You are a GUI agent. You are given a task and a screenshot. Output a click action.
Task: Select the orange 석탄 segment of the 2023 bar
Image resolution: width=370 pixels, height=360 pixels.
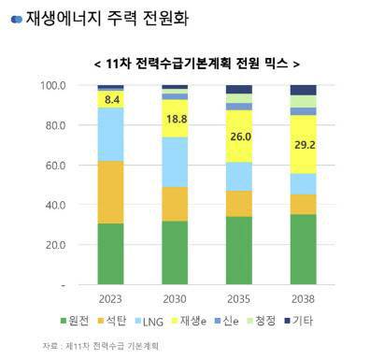pyautogui.click(x=111, y=192)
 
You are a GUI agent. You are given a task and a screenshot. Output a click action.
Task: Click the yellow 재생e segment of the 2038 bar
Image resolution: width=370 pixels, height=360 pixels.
pyautogui.click(x=302, y=145)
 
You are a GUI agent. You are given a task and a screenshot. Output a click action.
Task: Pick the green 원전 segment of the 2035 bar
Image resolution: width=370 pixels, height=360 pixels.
pyautogui.click(x=238, y=251)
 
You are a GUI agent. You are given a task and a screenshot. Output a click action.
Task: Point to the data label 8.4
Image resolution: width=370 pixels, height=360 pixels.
pyautogui.click(x=112, y=98)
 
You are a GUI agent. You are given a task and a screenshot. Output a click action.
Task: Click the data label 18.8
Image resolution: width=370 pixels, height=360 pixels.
pyautogui.click(x=175, y=119)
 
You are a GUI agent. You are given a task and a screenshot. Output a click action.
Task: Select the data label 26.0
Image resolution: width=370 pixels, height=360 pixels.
pyautogui.click(x=238, y=136)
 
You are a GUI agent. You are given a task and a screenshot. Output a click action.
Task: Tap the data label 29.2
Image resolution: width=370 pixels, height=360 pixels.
pyautogui.click(x=302, y=146)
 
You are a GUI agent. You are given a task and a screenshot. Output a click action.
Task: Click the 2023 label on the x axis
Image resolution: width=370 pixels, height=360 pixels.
pyautogui.click(x=111, y=299)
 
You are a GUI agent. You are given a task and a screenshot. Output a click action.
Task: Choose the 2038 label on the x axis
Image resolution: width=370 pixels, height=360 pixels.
pyautogui.click(x=302, y=299)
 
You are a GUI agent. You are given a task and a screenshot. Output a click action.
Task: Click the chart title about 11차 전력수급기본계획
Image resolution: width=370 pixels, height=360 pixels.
pyautogui.click(x=197, y=63)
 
